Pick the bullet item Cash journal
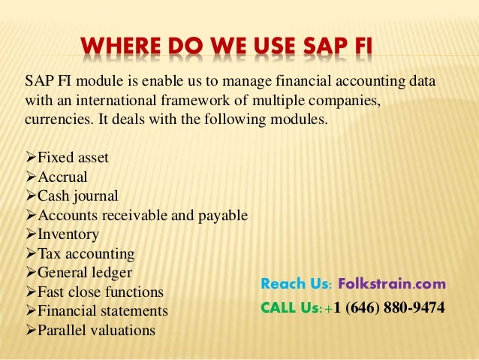(78, 196)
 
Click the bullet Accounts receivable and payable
(143, 216)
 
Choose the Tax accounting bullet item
(86, 253)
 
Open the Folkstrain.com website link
(391, 285)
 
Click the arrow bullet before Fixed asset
(31, 158)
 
